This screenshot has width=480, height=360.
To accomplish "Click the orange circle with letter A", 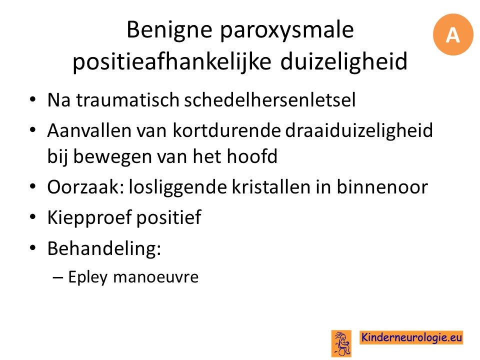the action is point(453,34).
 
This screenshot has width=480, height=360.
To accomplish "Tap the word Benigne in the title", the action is point(169,30).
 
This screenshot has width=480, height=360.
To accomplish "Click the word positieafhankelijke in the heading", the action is point(171,61).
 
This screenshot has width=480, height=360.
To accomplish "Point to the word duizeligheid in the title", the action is point(344,61).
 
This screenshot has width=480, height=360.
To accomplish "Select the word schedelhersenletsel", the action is point(269,100).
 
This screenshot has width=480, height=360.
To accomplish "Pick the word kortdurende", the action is point(226,130).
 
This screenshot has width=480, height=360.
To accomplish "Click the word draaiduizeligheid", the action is point(359,131).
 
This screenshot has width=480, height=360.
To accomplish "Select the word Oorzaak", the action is point(85,187).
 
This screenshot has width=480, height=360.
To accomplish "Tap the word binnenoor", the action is point(382,186).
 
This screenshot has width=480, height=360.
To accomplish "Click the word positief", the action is point(168,218).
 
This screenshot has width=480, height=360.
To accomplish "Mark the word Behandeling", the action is point(104,248).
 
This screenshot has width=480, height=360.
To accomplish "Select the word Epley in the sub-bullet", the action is point(88,277).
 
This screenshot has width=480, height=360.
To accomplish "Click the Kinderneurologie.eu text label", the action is point(411,337).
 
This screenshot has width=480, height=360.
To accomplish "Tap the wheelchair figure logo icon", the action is point(341,343).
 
